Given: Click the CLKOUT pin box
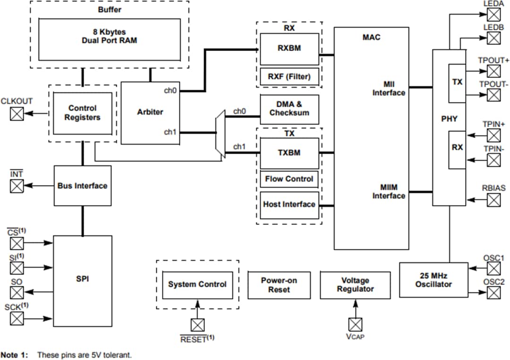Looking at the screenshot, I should click(17, 113).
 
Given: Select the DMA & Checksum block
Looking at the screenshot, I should click(289, 109).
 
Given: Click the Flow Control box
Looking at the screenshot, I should click(289, 179).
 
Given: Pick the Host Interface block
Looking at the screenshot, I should click(289, 205).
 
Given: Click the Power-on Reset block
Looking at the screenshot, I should click(279, 285).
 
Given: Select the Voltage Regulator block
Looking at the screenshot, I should click(355, 285).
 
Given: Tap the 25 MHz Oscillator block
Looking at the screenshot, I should click(433, 280).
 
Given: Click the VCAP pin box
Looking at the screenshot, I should click(355, 324).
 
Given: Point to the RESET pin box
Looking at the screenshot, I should click(197, 325).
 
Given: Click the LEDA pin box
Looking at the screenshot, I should click(493, 14).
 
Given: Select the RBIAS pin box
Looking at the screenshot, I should click(493, 200).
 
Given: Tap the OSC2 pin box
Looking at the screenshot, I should click(493, 293).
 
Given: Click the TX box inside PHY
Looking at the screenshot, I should click(457, 82).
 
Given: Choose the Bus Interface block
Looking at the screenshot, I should click(82, 186).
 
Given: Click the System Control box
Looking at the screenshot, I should click(197, 285).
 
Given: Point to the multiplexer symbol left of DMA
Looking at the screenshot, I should click(220, 133).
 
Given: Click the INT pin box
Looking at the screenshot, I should click(17, 186).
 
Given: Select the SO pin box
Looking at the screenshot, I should click(17, 293).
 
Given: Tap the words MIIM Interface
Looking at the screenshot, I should click(389, 191).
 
